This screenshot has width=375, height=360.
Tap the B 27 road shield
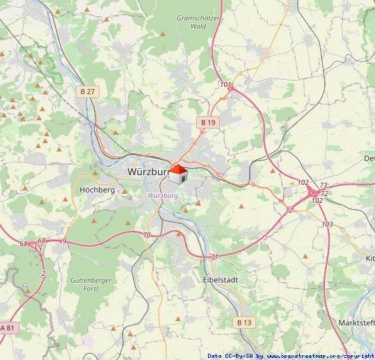[86, 90]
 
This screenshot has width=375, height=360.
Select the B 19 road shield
[208, 122]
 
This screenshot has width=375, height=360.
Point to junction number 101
[225, 85]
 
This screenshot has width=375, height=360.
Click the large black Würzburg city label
[149, 171]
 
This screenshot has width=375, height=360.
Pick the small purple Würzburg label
[163, 196]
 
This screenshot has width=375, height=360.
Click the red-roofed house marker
[179, 174]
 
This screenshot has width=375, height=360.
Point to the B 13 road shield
[244, 322]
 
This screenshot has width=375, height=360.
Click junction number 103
[328, 224]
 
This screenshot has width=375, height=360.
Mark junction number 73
[324, 186]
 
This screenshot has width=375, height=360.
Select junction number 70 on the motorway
[146, 236]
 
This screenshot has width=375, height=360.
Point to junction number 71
[214, 257]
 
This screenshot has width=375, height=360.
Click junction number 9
[64, 240]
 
